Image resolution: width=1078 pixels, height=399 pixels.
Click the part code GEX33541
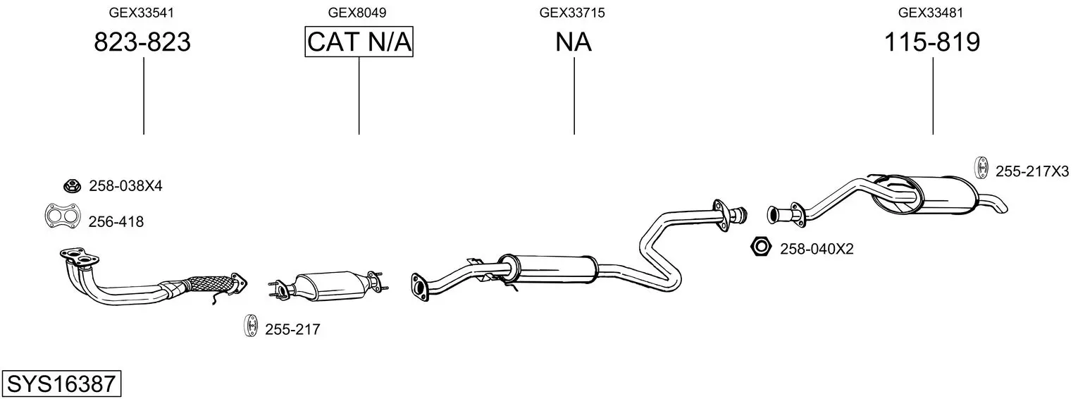[x=141, y=13]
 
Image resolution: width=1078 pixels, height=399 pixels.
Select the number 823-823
[x=142, y=42]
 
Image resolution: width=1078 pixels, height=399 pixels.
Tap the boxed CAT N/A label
[x=359, y=42]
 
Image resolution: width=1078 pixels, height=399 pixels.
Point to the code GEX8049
[x=357, y=13]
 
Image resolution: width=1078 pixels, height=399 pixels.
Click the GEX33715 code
[x=571, y=13]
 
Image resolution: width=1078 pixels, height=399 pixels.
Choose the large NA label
[x=573, y=42]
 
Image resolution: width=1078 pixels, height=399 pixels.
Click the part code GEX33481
[x=931, y=13]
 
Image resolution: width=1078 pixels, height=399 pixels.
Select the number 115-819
[x=932, y=42]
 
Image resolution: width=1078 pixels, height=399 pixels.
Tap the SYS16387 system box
[x=61, y=383]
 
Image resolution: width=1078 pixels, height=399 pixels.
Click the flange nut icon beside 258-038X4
[x=72, y=185]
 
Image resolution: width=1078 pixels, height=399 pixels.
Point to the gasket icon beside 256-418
[x=63, y=216]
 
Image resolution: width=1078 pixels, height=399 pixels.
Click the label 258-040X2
[x=817, y=249]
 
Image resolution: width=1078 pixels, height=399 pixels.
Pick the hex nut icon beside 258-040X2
[x=761, y=247]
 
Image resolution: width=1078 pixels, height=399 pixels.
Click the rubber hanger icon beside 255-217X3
[x=980, y=168]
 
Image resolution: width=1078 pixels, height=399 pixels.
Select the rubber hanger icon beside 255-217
[x=249, y=326]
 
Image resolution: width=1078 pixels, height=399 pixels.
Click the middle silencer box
[x=549, y=270]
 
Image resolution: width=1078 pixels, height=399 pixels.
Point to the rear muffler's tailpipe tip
[x=1000, y=207]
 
